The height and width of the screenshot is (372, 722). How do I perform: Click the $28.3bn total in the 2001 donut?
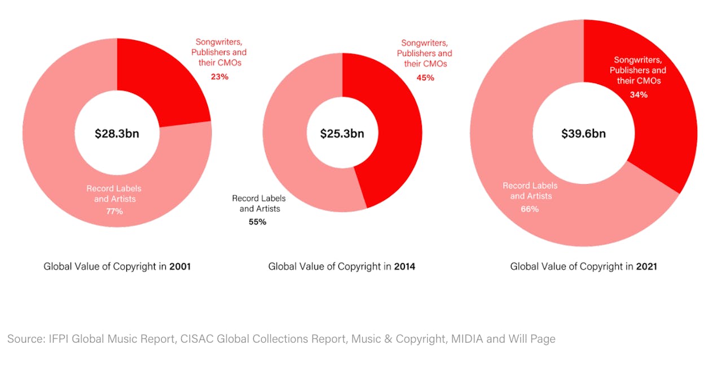tap(117, 134)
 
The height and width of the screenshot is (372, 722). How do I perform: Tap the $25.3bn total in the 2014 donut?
tap(342, 134)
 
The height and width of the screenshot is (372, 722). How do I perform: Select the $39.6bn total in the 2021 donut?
tap(583, 134)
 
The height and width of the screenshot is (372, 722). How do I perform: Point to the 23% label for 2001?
tap(219, 76)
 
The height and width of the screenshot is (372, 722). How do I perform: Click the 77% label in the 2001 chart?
tap(115, 211)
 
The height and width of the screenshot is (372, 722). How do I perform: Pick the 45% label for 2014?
tap(426, 77)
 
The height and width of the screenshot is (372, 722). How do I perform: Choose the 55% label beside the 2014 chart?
tap(257, 222)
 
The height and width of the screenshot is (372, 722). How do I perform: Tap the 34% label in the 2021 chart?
tap(639, 95)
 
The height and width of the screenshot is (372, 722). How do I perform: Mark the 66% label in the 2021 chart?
tap(530, 209)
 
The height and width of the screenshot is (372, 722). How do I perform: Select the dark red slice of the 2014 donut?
tap(389, 135)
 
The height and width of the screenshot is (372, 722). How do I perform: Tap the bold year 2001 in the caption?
tap(180, 266)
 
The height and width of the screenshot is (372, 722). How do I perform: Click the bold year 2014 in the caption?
tap(404, 266)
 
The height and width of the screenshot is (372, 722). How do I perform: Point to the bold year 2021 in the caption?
tap(646, 266)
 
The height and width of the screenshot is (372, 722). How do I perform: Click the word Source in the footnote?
tap(25, 339)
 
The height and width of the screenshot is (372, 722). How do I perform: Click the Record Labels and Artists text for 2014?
tap(259, 204)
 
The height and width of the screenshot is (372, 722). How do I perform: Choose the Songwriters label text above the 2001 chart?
tap(221, 42)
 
